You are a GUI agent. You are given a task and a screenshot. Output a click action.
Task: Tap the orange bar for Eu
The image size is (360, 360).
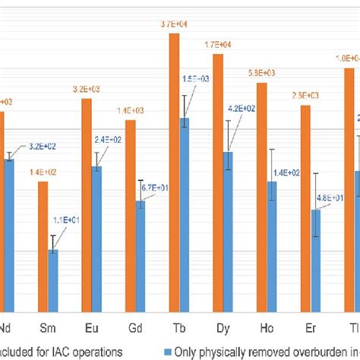click(x=87, y=204)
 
